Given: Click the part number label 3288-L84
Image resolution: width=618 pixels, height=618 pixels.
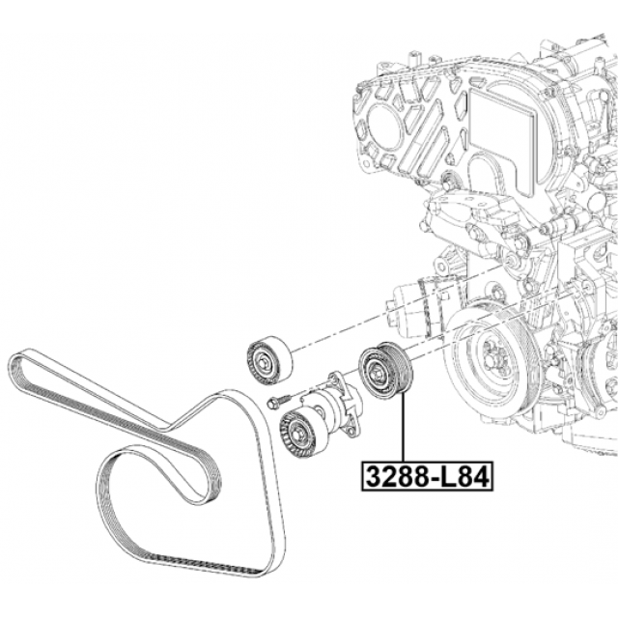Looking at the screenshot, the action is [x=427, y=476].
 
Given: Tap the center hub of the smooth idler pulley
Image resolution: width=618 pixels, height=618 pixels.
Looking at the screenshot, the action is [x=263, y=361].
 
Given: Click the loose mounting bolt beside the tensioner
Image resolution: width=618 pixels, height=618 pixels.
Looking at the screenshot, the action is [x=278, y=402].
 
